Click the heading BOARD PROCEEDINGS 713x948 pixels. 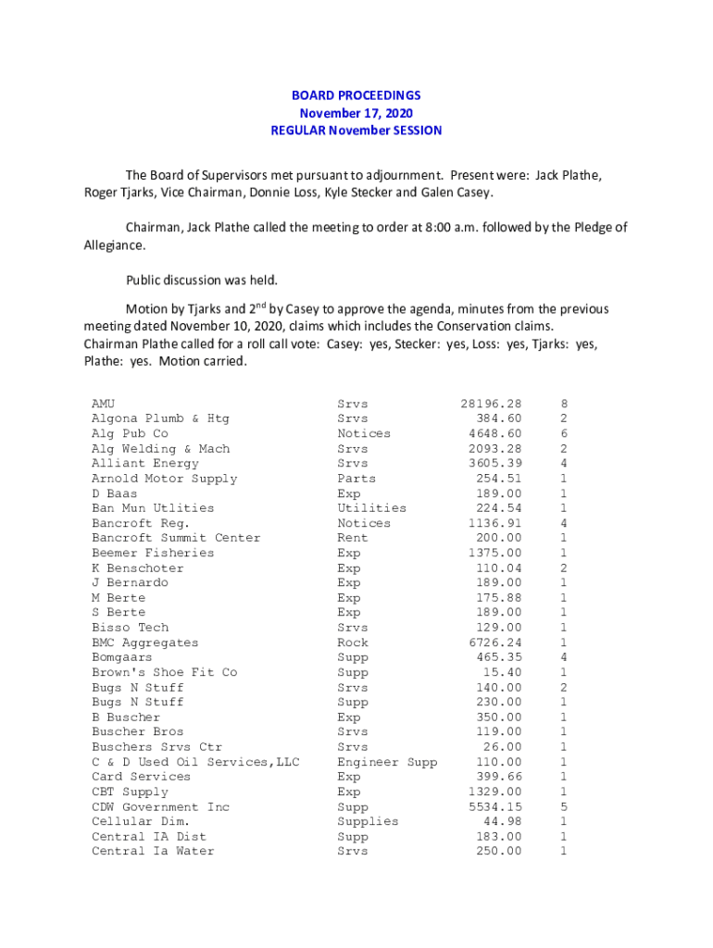click(356, 95)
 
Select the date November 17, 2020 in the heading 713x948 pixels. click(356, 113)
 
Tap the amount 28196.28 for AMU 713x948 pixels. click(491, 404)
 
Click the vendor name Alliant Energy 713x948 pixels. click(144, 463)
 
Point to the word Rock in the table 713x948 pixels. click(353, 642)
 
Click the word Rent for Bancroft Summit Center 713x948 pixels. click(353, 538)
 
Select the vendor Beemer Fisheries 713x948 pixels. click(152, 553)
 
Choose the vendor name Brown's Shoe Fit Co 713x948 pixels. click(164, 672)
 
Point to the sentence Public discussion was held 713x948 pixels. click(202, 280)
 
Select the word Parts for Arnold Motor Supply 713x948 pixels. click(356, 479)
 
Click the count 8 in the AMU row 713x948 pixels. click(564, 404)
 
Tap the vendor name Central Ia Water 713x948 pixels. click(152, 852)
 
